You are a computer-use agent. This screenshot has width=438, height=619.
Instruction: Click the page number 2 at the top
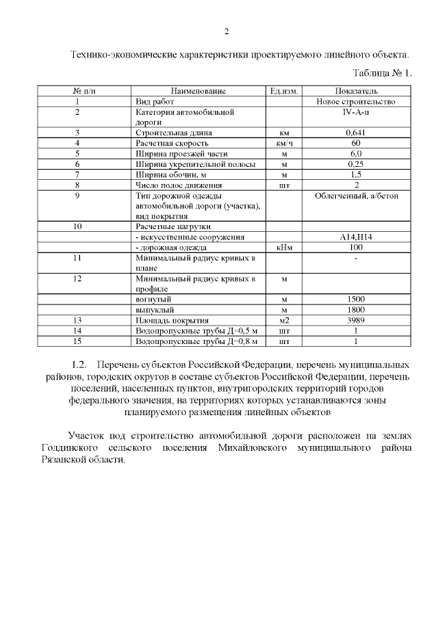coord(226,31)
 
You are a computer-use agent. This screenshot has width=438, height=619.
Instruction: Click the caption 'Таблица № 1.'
coord(382,72)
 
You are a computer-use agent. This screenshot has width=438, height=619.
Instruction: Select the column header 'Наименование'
coord(198,91)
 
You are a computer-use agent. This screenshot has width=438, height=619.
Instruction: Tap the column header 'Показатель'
coord(356,91)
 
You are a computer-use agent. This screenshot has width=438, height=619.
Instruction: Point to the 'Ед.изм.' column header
coord(283,91)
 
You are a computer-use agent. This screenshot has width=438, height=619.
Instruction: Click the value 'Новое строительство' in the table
coord(356,101)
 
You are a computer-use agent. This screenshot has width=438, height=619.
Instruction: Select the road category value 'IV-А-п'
coord(356,111)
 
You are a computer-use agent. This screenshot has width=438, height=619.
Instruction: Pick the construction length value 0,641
coord(356,133)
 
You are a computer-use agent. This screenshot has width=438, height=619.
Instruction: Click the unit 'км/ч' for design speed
coord(283,144)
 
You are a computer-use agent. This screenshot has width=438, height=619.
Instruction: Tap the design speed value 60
coord(356,144)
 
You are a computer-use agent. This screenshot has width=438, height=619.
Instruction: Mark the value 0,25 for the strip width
coord(356,165)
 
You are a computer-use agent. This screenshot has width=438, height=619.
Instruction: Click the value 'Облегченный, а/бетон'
coord(356,196)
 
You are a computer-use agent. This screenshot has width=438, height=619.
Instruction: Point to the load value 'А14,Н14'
coord(356,237)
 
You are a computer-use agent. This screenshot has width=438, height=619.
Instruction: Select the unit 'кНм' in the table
coord(283,247)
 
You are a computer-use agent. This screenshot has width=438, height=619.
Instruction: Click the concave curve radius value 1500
coord(356,300)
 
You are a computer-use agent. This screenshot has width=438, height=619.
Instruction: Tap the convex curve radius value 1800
coord(356,310)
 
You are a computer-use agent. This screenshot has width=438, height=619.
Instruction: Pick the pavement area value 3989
coord(356,320)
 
